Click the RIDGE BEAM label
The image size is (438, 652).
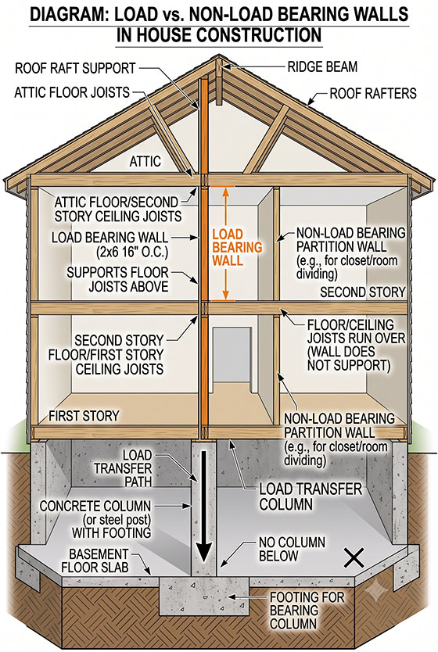322,67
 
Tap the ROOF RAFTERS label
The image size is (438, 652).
373,93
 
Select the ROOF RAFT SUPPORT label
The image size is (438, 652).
75,68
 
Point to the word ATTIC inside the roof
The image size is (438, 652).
145,161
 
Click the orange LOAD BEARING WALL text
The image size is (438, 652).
237,247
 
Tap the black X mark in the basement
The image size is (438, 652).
354,557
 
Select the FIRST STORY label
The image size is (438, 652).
84,416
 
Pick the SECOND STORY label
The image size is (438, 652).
362,292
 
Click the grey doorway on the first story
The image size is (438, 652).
232,355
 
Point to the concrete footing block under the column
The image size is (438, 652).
204,596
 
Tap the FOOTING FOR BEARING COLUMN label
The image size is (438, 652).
307,611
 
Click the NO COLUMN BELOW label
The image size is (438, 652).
292,549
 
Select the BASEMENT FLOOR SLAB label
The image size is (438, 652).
95,561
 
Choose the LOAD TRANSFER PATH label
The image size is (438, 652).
123,468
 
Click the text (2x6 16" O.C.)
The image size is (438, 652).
132,252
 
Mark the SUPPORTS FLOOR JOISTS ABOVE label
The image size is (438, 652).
118,279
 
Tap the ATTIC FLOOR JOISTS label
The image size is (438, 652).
72,92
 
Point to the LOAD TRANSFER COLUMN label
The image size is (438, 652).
311,496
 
